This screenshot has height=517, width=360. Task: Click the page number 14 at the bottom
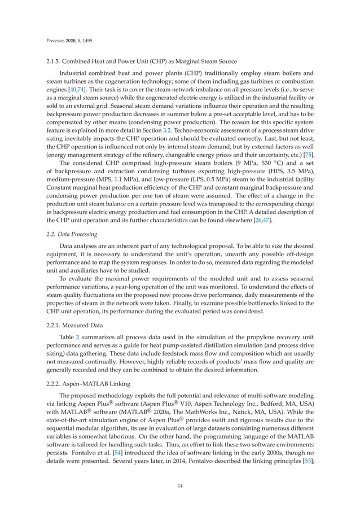click(x=180, y=483)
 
